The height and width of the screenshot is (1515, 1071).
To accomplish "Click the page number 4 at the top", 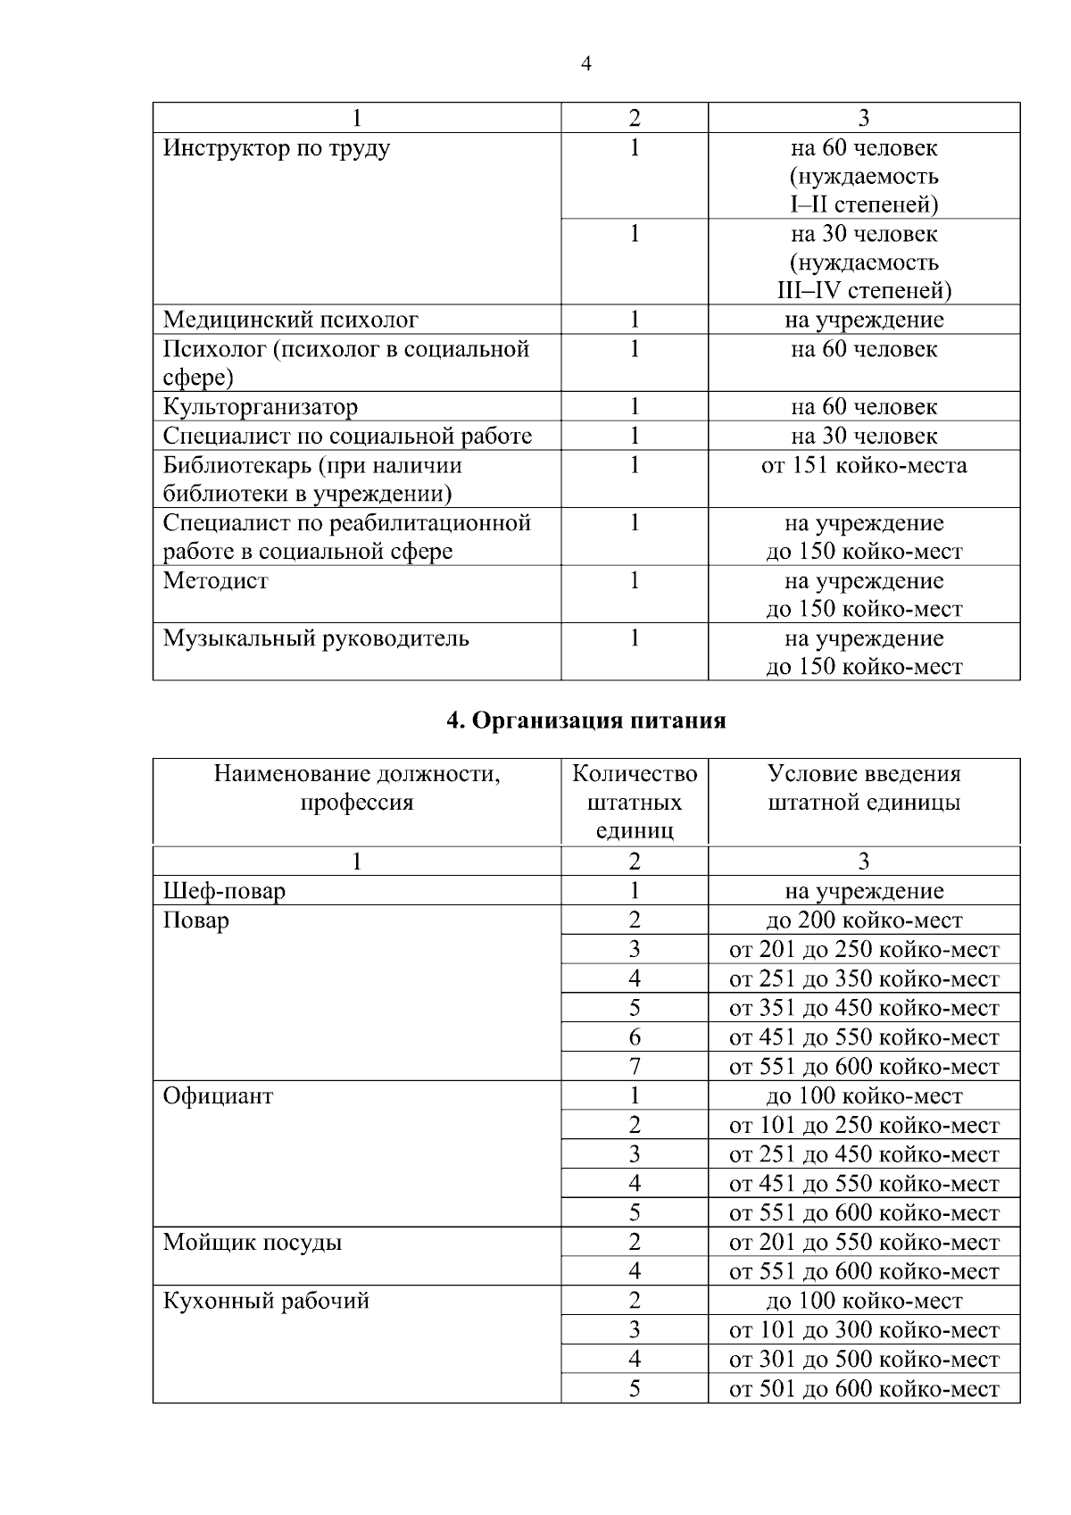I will [585, 63].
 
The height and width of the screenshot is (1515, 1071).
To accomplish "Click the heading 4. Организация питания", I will [585, 720].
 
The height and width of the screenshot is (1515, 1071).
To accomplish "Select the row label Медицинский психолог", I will [290, 320].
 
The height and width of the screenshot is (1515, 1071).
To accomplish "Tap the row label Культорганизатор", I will [260, 407].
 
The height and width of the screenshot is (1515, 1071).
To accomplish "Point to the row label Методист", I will [215, 581].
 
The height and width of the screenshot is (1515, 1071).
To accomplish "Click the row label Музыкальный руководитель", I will [315, 639].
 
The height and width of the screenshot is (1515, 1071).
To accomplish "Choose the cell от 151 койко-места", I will [863, 465].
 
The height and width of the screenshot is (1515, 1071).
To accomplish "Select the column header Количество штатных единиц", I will [634, 802].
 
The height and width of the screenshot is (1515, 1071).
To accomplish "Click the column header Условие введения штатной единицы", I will [863, 787].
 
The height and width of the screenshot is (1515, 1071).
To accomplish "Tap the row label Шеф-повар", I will [224, 891].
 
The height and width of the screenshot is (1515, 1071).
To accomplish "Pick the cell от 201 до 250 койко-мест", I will [863, 950].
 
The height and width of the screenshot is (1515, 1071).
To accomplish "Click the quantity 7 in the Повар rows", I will [634, 1066].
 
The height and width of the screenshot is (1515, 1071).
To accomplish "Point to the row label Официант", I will [218, 1096].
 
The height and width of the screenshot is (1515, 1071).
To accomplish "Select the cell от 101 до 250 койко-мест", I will [863, 1126].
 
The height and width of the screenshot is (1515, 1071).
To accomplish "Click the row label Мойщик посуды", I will [252, 1243].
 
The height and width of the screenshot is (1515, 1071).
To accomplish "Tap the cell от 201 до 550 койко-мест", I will [863, 1243].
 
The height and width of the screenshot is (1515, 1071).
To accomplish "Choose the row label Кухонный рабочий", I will [265, 1301].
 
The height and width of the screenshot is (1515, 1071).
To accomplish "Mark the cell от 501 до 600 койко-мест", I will [863, 1389].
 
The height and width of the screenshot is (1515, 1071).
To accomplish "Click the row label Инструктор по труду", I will [276, 148].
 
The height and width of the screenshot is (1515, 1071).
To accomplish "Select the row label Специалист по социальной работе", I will [346, 437].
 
